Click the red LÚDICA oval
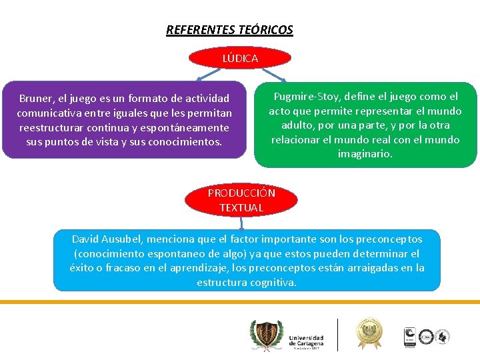point(240,58)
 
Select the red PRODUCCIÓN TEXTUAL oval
point(241,200)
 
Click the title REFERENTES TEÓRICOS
point(229,30)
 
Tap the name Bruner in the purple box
point(35,98)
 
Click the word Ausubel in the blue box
point(127,239)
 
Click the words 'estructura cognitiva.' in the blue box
point(247,283)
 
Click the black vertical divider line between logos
point(338,335)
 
